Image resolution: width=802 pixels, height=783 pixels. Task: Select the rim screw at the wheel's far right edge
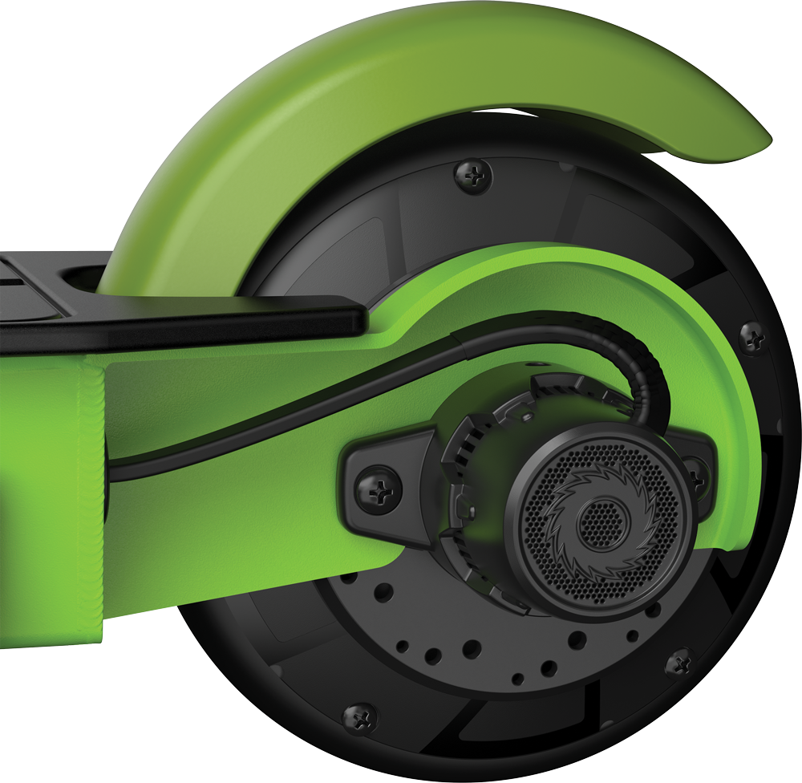pos(751,337)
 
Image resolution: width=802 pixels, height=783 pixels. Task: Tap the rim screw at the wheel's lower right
pos(680,663)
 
